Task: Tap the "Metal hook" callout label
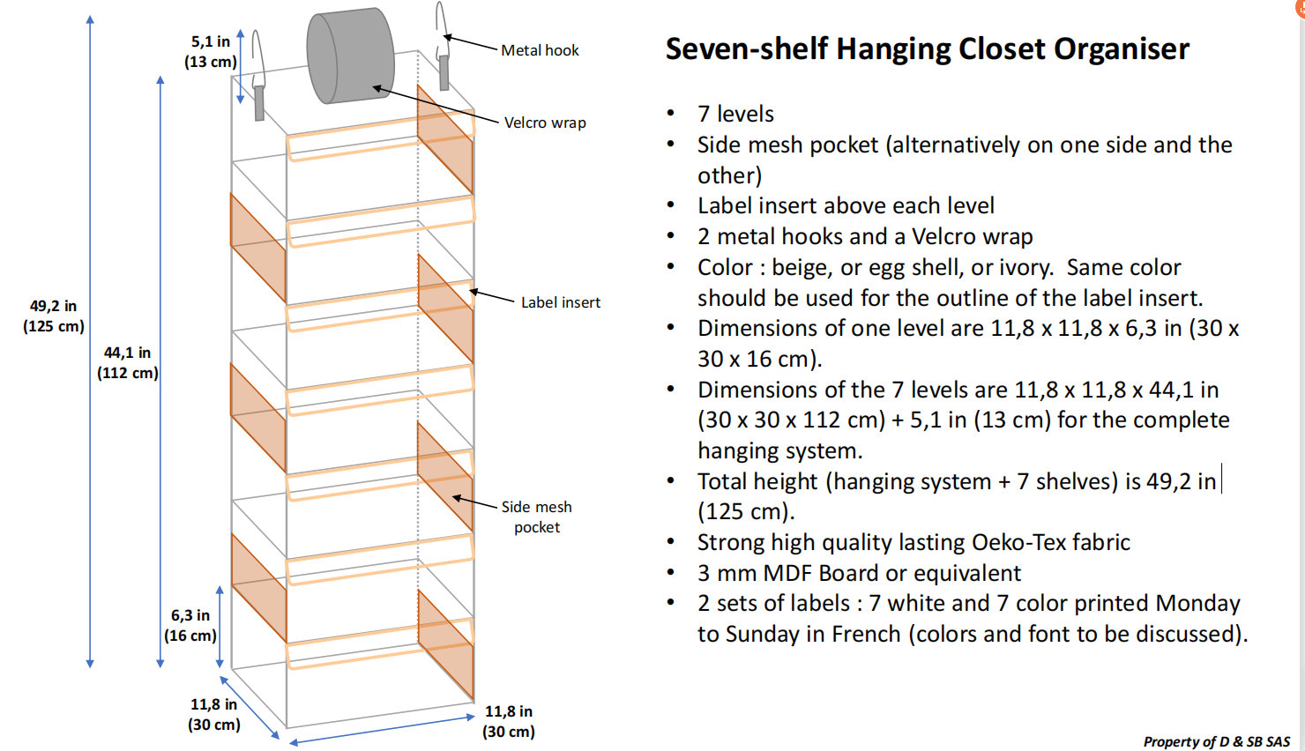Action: click(x=540, y=50)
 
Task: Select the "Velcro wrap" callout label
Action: click(x=545, y=123)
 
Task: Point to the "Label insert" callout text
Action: click(x=560, y=302)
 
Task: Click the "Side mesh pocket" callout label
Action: click(x=536, y=517)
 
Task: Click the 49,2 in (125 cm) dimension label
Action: click(x=53, y=316)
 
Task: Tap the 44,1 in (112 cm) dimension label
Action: click(x=127, y=362)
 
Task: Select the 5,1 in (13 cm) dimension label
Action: click(x=210, y=51)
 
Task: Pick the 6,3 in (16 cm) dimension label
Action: click(x=190, y=625)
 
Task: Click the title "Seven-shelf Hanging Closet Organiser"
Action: click(x=927, y=48)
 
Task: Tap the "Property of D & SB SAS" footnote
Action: click(x=1216, y=741)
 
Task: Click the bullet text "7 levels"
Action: click(x=735, y=114)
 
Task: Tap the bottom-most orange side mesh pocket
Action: click(x=445, y=643)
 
